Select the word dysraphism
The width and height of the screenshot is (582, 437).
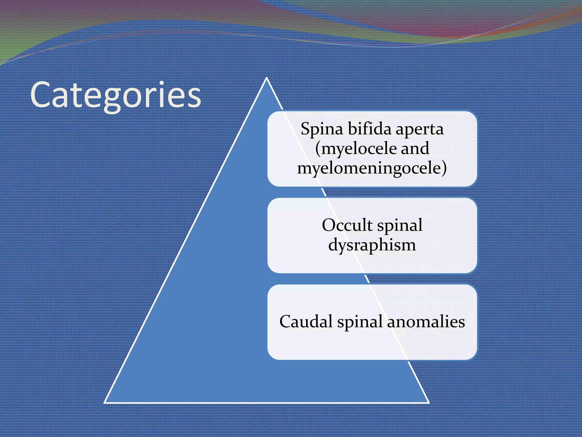click(372, 245)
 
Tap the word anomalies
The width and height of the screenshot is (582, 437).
click(426, 321)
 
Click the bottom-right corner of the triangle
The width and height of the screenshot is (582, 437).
click(428, 402)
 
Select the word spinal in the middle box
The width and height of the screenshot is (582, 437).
click(400, 226)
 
